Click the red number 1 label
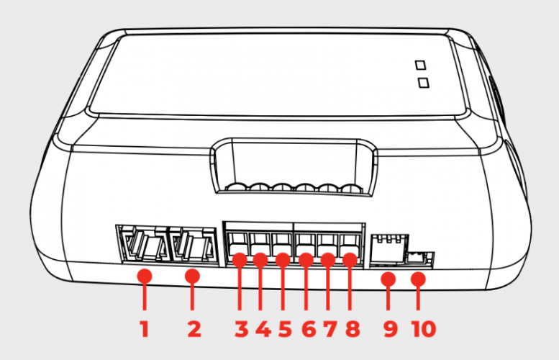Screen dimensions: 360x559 [144, 329]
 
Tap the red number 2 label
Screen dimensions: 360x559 [193, 329]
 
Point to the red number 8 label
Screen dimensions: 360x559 [352, 329]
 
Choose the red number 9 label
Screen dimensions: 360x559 [389, 329]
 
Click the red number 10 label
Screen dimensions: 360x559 [423, 329]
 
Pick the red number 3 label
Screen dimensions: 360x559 [240, 329]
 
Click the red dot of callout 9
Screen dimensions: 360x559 [388, 278]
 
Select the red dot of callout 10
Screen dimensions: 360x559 [419, 278]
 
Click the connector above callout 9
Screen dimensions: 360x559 [386, 248]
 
